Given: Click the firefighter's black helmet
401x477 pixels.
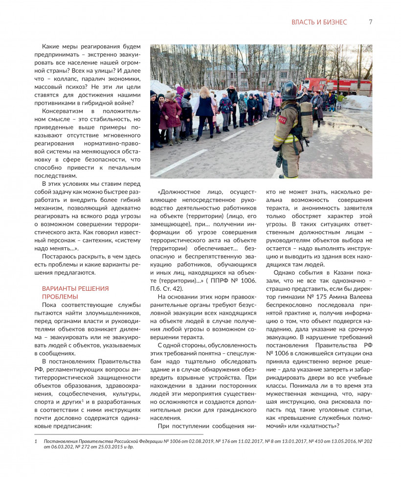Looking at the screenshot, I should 290,91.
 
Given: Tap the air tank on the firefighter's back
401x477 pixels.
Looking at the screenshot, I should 307,120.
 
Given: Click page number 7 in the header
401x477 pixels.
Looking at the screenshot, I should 370,22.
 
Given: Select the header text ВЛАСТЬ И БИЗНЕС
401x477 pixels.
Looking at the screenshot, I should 319,22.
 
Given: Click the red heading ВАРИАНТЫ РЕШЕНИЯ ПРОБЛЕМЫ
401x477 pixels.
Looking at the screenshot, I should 75,292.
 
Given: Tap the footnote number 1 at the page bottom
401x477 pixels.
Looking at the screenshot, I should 36,441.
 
